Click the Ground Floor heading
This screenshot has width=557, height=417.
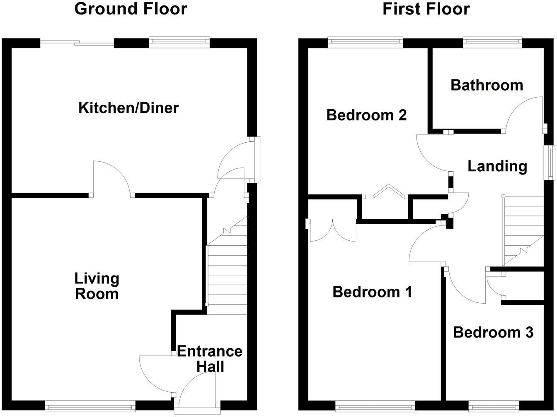(131, 9)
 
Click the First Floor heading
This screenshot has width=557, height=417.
(426, 9)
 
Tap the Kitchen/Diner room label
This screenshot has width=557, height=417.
(128, 108)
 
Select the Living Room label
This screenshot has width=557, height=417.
(97, 286)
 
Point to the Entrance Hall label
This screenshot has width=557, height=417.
(210, 359)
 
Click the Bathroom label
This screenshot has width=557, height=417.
(487, 85)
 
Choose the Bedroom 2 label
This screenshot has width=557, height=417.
(366, 115)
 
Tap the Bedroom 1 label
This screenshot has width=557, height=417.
(372, 292)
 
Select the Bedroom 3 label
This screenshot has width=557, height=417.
(493, 332)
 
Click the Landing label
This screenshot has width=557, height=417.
(497, 166)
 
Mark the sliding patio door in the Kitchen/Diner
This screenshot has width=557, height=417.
(77, 42)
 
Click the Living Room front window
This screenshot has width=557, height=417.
(90, 407)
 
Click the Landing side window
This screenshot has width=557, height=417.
(551, 163)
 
